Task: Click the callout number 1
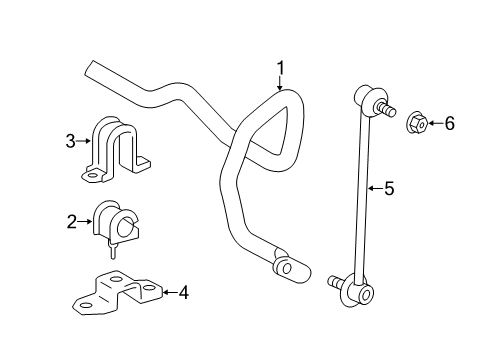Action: click(x=280, y=68)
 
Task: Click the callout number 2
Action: click(x=71, y=221)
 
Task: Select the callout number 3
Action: click(x=71, y=142)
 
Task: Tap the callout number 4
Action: click(x=183, y=292)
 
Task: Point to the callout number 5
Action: click(x=390, y=186)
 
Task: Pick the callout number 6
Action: click(x=449, y=123)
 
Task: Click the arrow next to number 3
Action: click(x=86, y=142)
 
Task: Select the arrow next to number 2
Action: click(x=86, y=221)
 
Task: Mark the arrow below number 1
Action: click(x=281, y=83)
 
